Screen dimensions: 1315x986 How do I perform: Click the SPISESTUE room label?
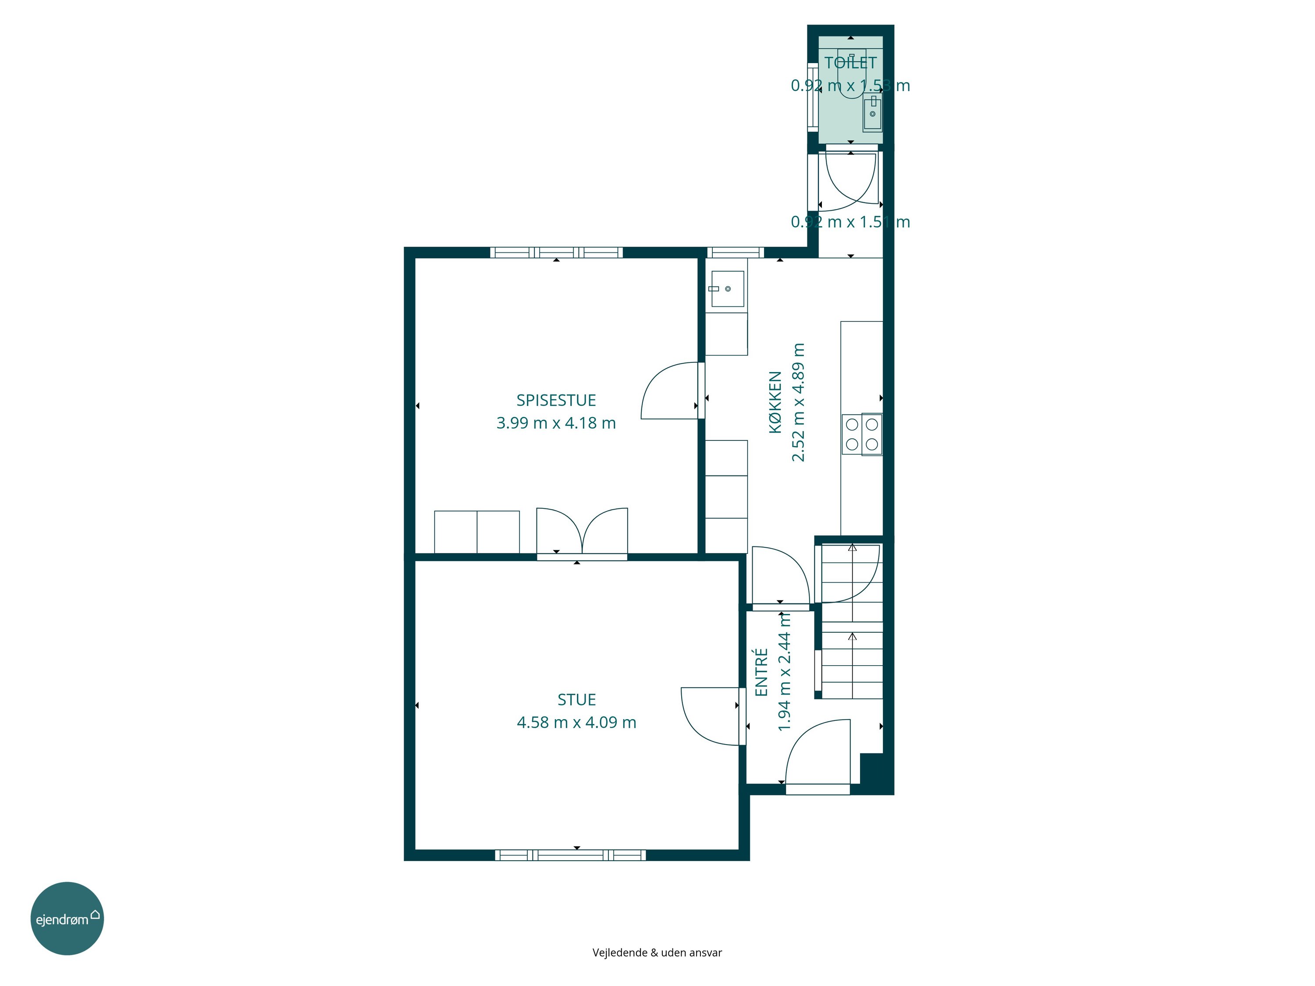click(556, 400)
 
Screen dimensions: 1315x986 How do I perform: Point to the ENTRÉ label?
click(761, 672)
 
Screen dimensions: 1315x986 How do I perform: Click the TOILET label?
click(850, 62)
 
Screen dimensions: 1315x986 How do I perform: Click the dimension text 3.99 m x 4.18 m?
click(556, 423)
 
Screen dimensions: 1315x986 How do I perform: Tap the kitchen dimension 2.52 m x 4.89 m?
click(798, 402)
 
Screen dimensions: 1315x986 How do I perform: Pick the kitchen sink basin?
click(728, 289)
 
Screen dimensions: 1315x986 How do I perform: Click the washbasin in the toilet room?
click(872, 112)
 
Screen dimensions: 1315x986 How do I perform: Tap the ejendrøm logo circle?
click(67, 918)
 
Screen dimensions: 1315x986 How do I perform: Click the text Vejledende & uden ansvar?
click(657, 953)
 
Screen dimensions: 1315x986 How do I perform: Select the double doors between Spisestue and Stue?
click(582, 532)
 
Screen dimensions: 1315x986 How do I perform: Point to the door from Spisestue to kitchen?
click(672, 390)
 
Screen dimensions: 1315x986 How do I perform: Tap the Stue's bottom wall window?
click(571, 855)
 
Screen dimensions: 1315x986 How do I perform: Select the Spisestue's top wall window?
click(556, 252)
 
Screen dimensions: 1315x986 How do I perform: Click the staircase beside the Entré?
click(851, 621)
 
